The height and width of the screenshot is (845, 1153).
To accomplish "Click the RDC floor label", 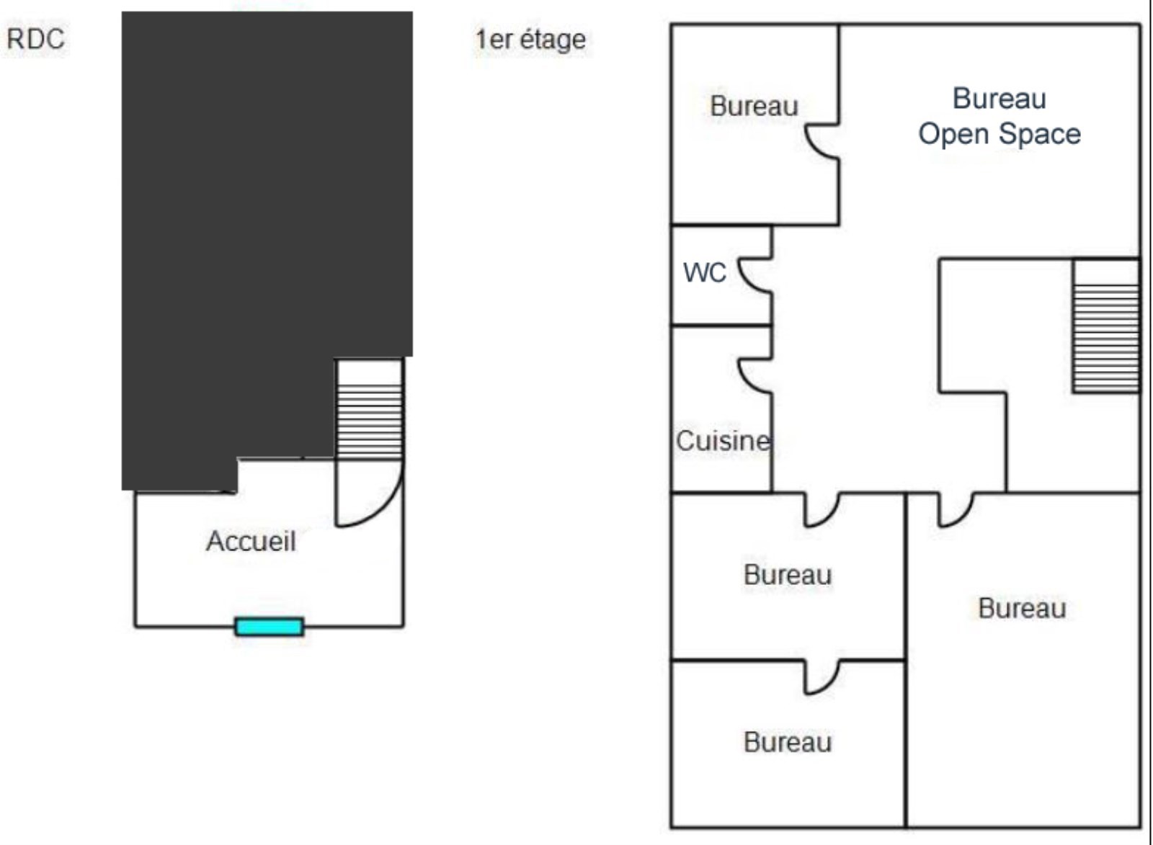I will click(x=35, y=39).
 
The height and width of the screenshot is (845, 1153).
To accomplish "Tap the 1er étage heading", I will click(x=530, y=40).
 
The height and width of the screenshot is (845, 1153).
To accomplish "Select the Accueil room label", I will click(x=251, y=541).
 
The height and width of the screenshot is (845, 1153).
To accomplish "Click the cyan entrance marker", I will click(x=270, y=627).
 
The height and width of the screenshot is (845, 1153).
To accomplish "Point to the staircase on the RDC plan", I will click(x=370, y=421).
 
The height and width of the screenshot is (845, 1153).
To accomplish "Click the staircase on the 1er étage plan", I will click(x=1106, y=337).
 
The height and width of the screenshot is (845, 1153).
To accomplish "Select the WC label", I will click(x=704, y=273).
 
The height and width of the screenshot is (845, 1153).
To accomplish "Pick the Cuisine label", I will click(x=723, y=441).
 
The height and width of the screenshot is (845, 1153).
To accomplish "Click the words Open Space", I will click(x=1000, y=134).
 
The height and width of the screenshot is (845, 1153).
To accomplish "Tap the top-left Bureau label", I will click(x=754, y=106).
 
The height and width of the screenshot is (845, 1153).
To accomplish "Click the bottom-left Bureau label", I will click(x=788, y=742).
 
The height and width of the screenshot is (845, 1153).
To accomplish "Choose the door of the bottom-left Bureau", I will click(x=822, y=677).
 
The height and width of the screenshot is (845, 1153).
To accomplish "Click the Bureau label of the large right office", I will click(x=1022, y=609).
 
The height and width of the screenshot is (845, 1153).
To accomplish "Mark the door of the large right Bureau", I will click(x=955, y=509).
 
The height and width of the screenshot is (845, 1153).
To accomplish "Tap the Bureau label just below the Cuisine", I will click(x=788, y=575).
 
